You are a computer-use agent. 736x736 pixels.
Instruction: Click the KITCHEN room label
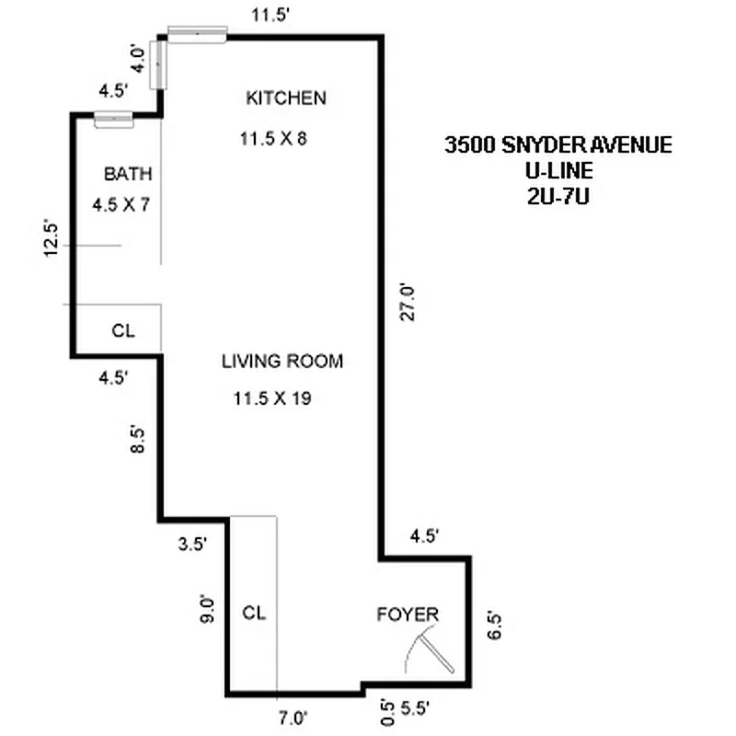(x=285, y=98)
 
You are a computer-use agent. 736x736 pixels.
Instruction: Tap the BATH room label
(x=127, y=174)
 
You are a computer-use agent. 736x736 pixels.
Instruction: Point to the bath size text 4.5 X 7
(x=121, y=205)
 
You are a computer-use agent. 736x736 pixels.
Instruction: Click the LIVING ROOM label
(x=282, y=362)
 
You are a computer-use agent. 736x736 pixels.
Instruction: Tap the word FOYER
(x=407, y=615)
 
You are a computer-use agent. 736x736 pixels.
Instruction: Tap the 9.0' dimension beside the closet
(x=208, y=611)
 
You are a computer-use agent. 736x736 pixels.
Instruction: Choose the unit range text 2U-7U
(x=556, y=195)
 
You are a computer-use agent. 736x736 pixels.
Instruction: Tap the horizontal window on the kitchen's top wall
(x=196, y=32)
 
